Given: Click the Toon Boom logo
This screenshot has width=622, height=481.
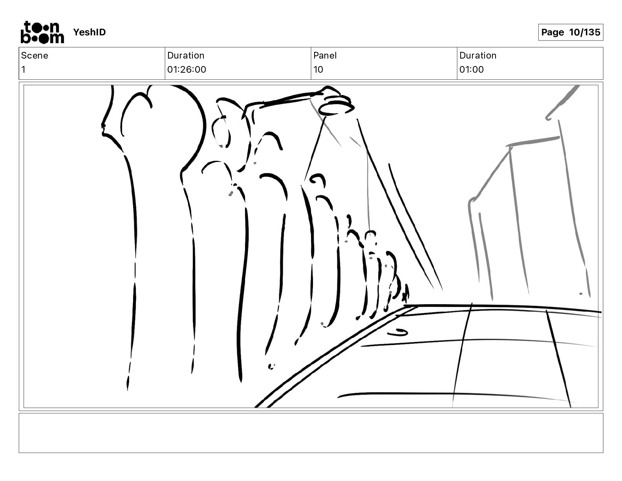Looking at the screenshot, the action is [x=42, y=32].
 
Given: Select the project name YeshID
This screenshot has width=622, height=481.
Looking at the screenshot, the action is [x=89, y=32].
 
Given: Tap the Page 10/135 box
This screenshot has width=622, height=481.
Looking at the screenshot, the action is [x=571, y=32].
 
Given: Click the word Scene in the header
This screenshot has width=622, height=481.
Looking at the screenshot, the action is [x=35, y=55].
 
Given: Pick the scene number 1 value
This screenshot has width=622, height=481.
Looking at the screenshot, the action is [x=24, y=69].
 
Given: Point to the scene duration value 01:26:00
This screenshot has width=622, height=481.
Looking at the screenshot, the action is [x=187, y=69].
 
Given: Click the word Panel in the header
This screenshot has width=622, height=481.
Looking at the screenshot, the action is [x=325, y=55].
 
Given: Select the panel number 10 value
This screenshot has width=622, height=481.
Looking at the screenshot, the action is [x=318, y=69].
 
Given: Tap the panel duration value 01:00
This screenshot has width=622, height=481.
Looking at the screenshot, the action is [x=472, y=69].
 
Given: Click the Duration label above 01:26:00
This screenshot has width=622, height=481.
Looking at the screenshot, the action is [x=186, y=55].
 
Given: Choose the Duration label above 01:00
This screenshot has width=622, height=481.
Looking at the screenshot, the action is [x=478, y=55].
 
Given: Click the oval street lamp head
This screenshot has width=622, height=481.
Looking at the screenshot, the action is [x=337, y=109].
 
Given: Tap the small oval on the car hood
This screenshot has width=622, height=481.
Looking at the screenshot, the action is [x=398, y=332].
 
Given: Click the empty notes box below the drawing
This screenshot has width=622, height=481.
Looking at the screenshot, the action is [x=311, y=433].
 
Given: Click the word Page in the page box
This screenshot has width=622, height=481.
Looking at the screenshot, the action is [x=552, y=32].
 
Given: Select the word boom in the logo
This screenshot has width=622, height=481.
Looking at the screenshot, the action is [x=42, y=38].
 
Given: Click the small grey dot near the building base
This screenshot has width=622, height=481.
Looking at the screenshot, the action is [x=580, y=294].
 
